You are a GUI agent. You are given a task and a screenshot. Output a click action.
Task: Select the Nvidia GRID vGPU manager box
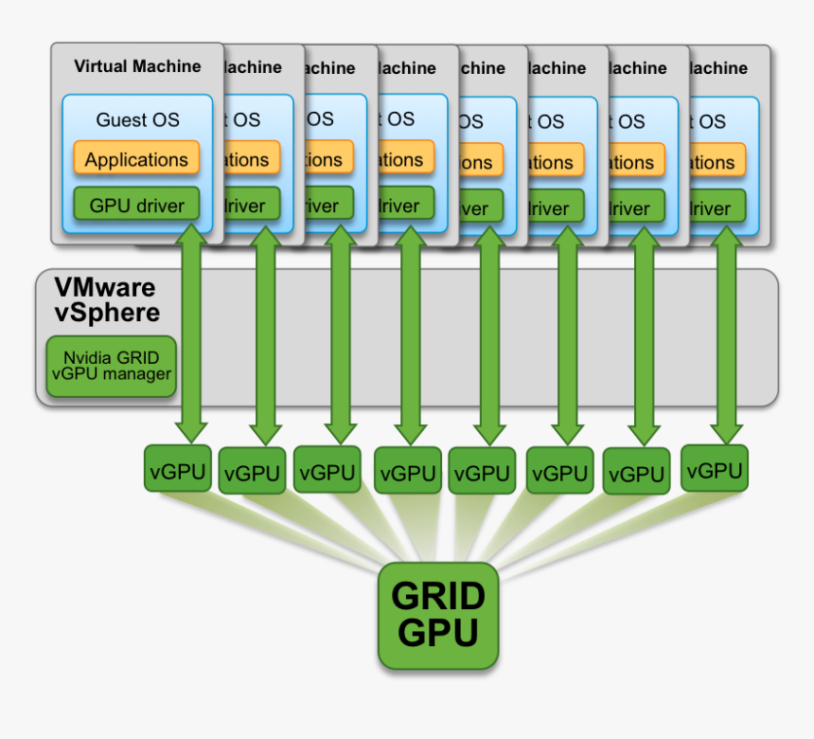pos(111,366)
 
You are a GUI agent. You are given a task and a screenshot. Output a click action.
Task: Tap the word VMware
pos(104,287)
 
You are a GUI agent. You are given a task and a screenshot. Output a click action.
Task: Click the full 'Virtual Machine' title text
pos(137,66)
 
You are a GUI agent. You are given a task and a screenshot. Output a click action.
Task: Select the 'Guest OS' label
pos(137,120)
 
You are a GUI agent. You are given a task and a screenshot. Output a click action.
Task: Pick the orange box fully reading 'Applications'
pos(136,159)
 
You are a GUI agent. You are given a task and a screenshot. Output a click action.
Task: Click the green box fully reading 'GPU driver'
pos(136,205)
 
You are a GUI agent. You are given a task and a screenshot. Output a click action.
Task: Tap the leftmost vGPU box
pos(177,471)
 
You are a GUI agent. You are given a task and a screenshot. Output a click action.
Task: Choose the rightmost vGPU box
pos(715,470)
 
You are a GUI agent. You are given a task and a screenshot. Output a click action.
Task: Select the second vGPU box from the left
pos(252,473)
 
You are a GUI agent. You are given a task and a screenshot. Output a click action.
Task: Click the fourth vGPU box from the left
pos(407,473)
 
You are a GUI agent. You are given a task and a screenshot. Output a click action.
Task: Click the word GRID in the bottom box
pos(438,596)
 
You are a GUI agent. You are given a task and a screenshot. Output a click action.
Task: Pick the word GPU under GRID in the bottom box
pos(438,632)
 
